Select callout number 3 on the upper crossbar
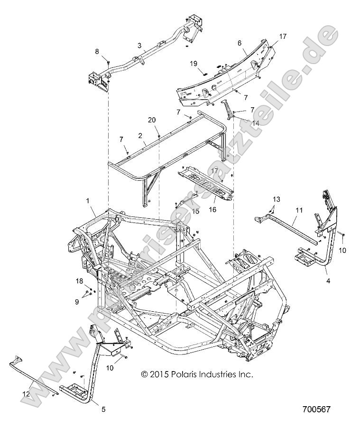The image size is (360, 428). (139, 46)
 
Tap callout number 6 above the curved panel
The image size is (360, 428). (240, 42)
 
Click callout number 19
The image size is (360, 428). (194, 63)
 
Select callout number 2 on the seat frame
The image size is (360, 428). (140, 135)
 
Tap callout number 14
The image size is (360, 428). (242, 122)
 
